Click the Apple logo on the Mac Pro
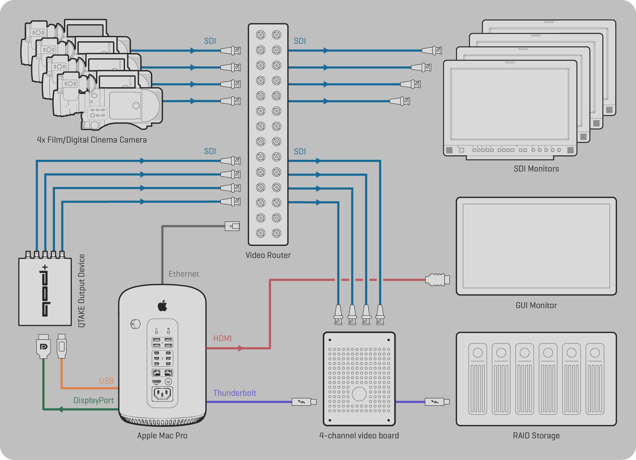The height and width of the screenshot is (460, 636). pos(162,306)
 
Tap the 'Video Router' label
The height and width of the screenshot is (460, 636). pos(268,255)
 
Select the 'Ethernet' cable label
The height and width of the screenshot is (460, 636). pos(184,274)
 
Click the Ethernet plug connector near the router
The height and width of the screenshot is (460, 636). pos(232,226)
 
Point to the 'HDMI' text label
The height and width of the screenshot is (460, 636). pos(223,338)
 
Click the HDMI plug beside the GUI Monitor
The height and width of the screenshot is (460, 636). pos(438,280)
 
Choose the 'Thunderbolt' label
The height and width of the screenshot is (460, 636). pos(235,393)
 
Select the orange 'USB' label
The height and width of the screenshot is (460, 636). pos(107,381)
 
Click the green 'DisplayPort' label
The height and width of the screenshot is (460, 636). pos(93,400)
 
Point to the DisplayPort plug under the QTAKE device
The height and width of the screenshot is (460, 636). pos(44,346)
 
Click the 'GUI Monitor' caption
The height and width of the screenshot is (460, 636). pos(536,305)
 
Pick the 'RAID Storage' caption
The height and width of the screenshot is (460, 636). pos(536,436)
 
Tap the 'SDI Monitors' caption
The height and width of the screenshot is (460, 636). pos(536,169)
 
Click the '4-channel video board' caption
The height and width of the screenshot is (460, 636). pos(359,436)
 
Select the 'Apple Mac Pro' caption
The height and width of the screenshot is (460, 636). pos(162,436)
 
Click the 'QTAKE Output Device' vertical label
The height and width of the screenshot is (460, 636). pos(82,291)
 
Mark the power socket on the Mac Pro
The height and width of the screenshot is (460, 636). pos(162,394)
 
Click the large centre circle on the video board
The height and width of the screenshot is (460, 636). pos(359,394)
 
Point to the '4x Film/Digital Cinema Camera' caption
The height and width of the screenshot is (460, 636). pos(92,140)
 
